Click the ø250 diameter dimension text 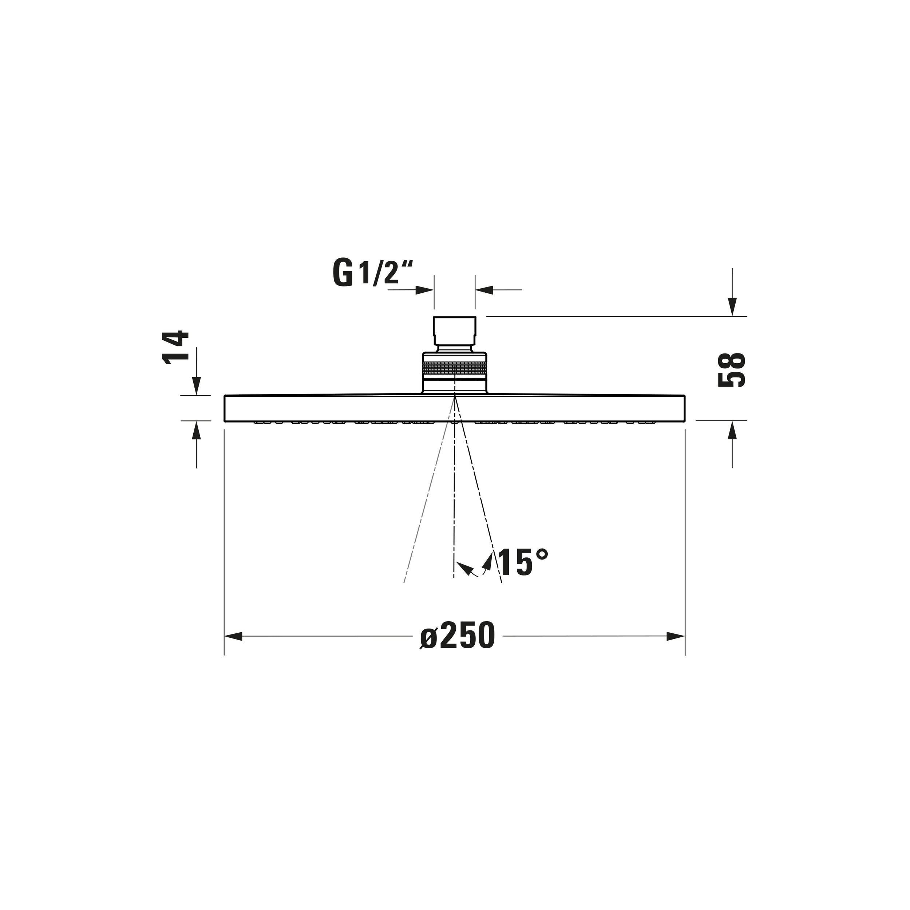click(x=457, y=636)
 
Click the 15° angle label click(x=522, y=562)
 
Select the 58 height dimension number click(x=732, y=370)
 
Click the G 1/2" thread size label click(x=373, y=273)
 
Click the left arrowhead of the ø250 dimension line click(x=234, y=636)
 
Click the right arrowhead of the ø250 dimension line click(x=676, y=636)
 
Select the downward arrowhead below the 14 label click(x=197, y=386)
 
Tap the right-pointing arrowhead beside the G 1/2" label click(x=424, y=290)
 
